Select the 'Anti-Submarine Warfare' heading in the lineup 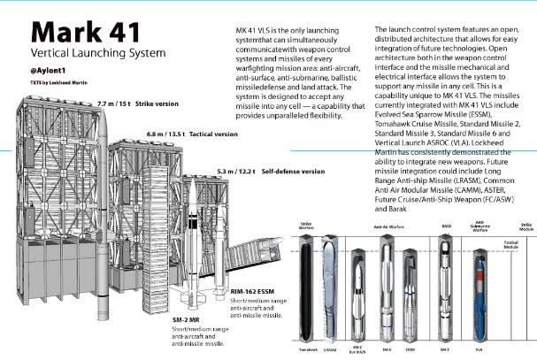click(x=480, y=227)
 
